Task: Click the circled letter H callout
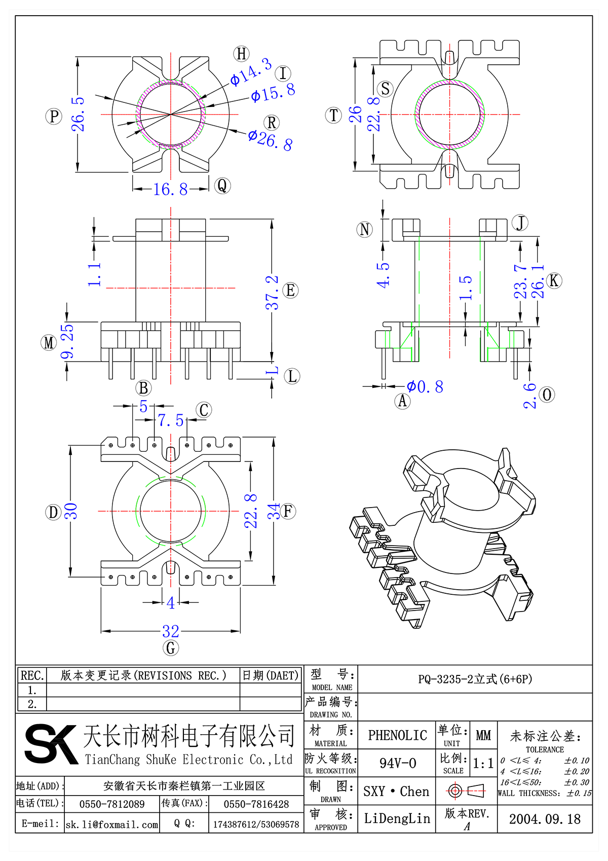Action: tap(242, 54)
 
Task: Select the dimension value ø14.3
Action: tap(251, 72)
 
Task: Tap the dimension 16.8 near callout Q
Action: tap(170, 190)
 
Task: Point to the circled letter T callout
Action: tap(333, 115)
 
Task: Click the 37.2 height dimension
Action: tap(273, 293)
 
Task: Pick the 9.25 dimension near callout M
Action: tap(67, 342)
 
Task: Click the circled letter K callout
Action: tap(554, 280)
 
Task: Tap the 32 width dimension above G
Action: tap(171, 631)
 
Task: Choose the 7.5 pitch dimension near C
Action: tap(170, 420)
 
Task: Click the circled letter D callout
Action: tap(53, 512)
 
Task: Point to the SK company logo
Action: tap(51, 744)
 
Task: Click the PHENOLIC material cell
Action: tap(397, 735)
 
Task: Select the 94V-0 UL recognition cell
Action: tap(397, 763)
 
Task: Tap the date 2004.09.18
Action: tap(545, 819)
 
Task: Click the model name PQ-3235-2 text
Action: tap(475, 679)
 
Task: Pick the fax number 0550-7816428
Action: tap(256, 804)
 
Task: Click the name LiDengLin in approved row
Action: tap(397, 818)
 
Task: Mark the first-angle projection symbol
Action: tap(466, 791)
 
